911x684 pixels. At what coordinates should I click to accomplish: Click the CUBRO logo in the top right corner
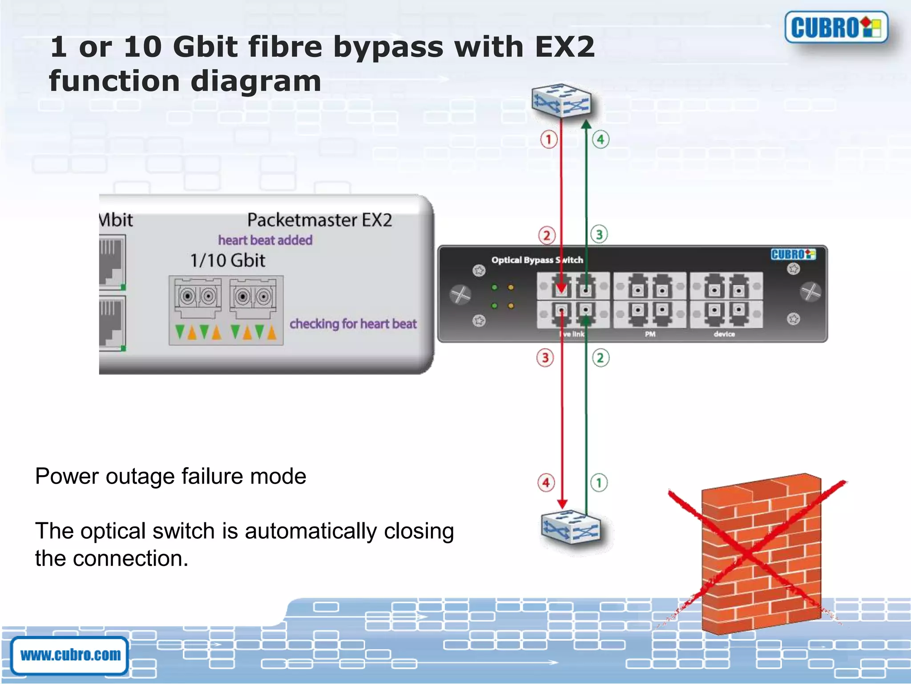tap(836, 28)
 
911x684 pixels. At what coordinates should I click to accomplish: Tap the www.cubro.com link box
tap(70, 655)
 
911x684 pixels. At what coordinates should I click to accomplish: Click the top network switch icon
tap(561, 101)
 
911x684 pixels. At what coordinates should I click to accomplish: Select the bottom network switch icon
tap(571, 528)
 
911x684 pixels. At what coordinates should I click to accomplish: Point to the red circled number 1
tap(548, 139)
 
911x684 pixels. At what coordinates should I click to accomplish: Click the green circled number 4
tap(601, 139)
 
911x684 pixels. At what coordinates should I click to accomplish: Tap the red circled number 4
tap(546, 483)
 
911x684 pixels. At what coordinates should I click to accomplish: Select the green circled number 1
tap(599, 483)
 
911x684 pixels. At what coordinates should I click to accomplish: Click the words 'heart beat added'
tap(265, 240)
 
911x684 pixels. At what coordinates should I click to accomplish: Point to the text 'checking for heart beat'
tap(353, 324)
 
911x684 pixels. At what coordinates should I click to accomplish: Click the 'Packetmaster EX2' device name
tap(319, 220)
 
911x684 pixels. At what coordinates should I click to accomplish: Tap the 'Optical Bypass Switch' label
tap(537, 260)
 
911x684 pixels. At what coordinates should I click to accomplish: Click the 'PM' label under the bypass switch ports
tap(650, 334)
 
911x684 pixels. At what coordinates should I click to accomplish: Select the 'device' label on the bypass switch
tap(724, 334)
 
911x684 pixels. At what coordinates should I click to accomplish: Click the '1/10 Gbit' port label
tap(227, 261)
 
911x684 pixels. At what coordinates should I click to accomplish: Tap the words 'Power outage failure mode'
tap(171, 476)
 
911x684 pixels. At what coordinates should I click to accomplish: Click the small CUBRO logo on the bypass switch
tap(793, 254)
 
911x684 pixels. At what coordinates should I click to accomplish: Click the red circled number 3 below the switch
tap(545, 358)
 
